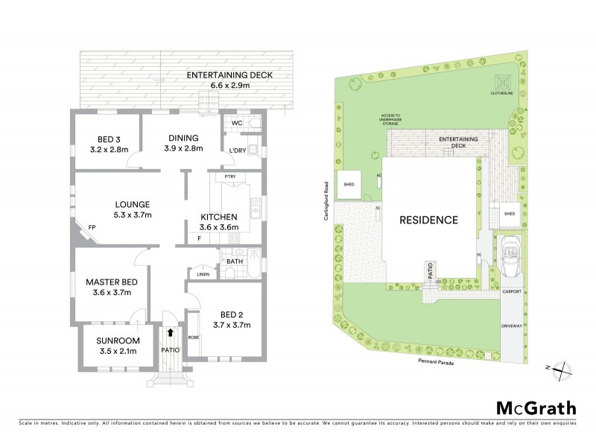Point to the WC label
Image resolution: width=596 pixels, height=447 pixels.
pyautogui.click(x=237, y=122)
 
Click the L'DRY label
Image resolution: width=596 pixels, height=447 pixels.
pyautogui.click(x=238, y=151)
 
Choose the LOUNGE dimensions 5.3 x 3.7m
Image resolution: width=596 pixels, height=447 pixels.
pyautogui.click(x=133, y=215)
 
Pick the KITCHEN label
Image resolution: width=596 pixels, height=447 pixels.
pyautogui.click(x=218, y=216)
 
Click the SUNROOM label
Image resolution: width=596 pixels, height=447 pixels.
pyautogui.click(x=115, y=342)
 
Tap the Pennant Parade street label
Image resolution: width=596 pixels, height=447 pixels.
pyautogui.click(x=436, y=359)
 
